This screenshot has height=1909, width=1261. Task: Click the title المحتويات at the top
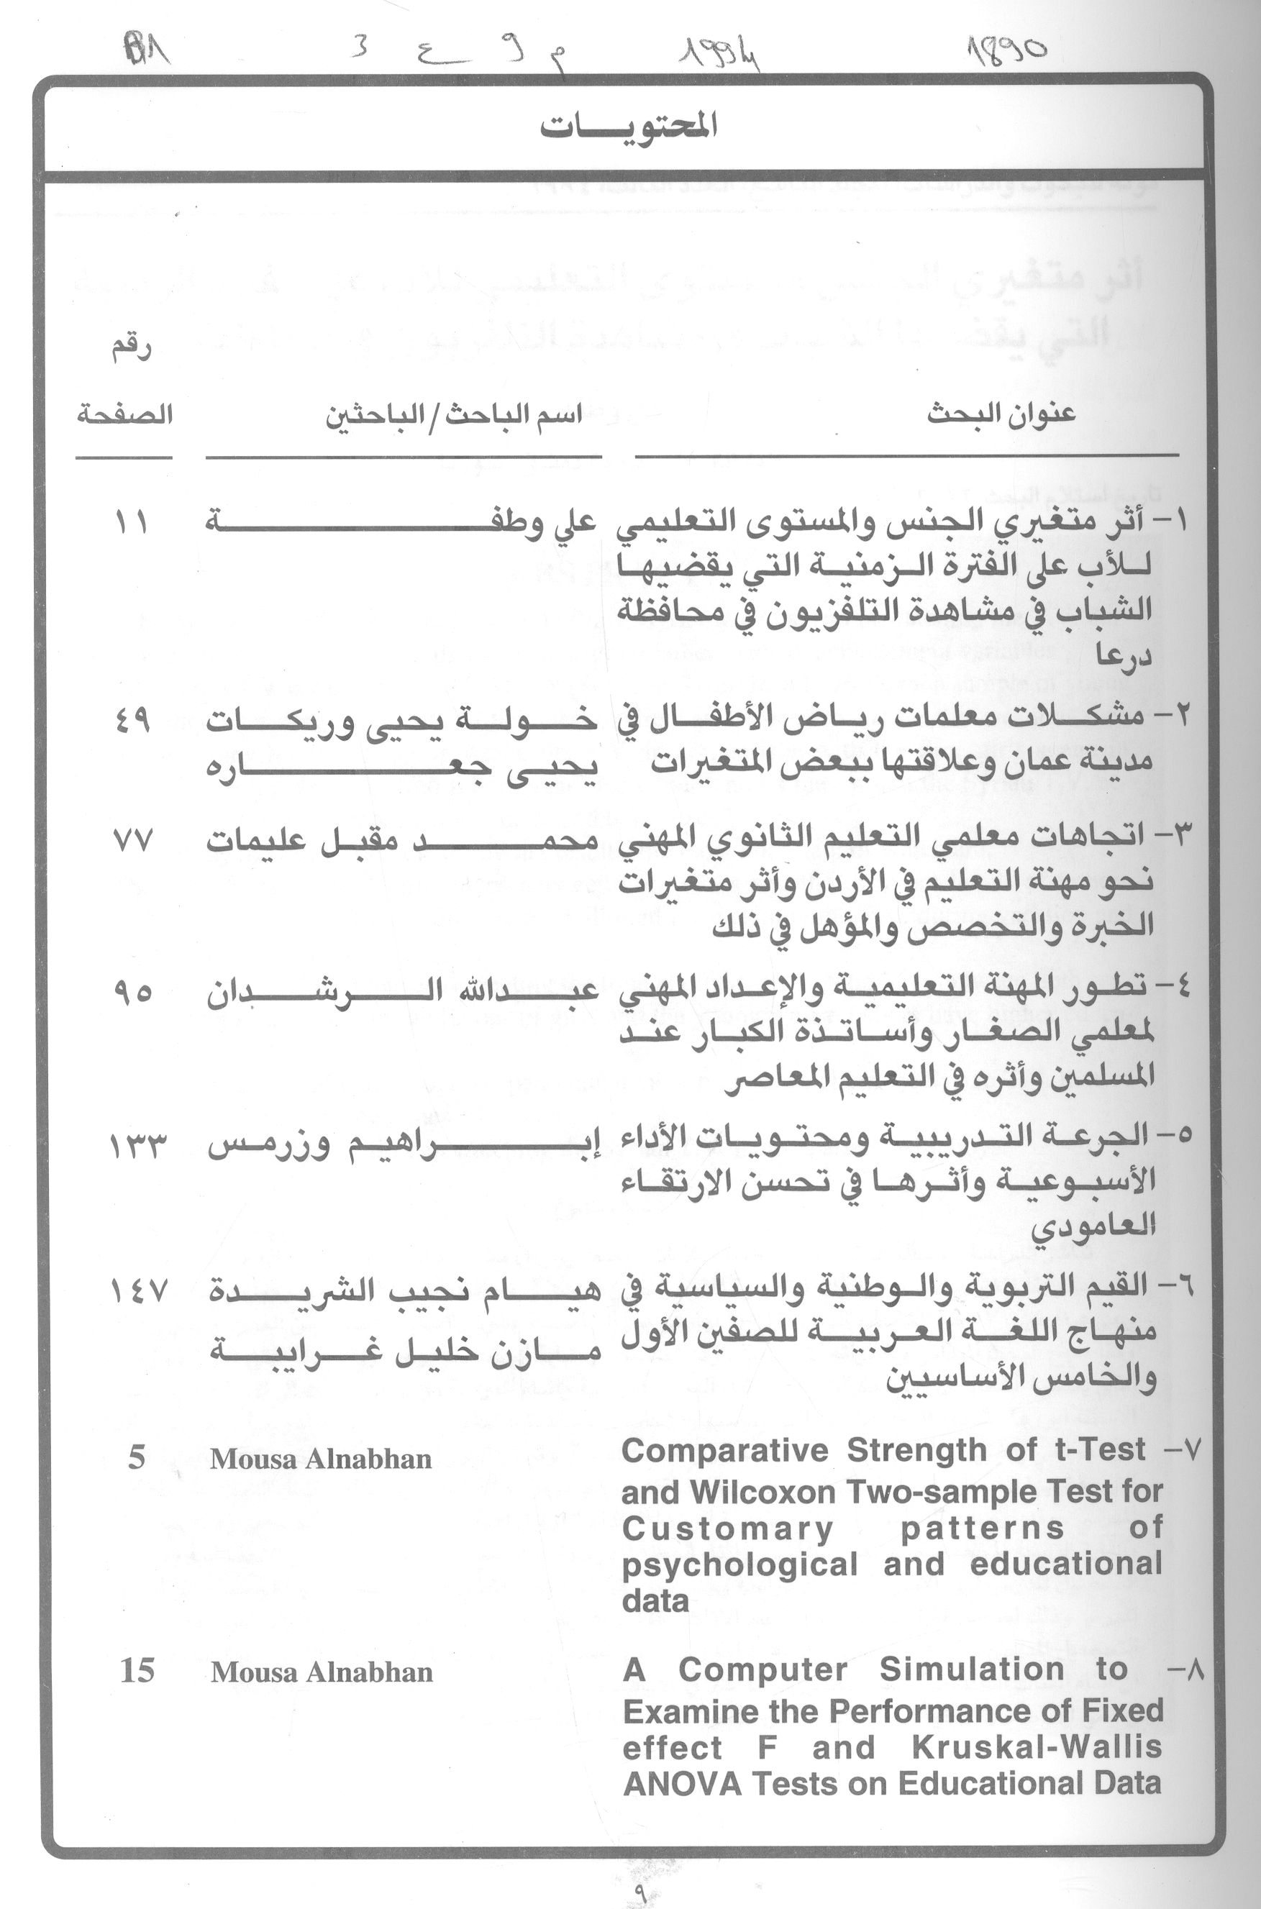click(627, 127)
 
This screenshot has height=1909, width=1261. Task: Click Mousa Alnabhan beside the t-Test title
click(321, 1459)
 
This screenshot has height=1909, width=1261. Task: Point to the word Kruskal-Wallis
click(1037, 1747)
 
